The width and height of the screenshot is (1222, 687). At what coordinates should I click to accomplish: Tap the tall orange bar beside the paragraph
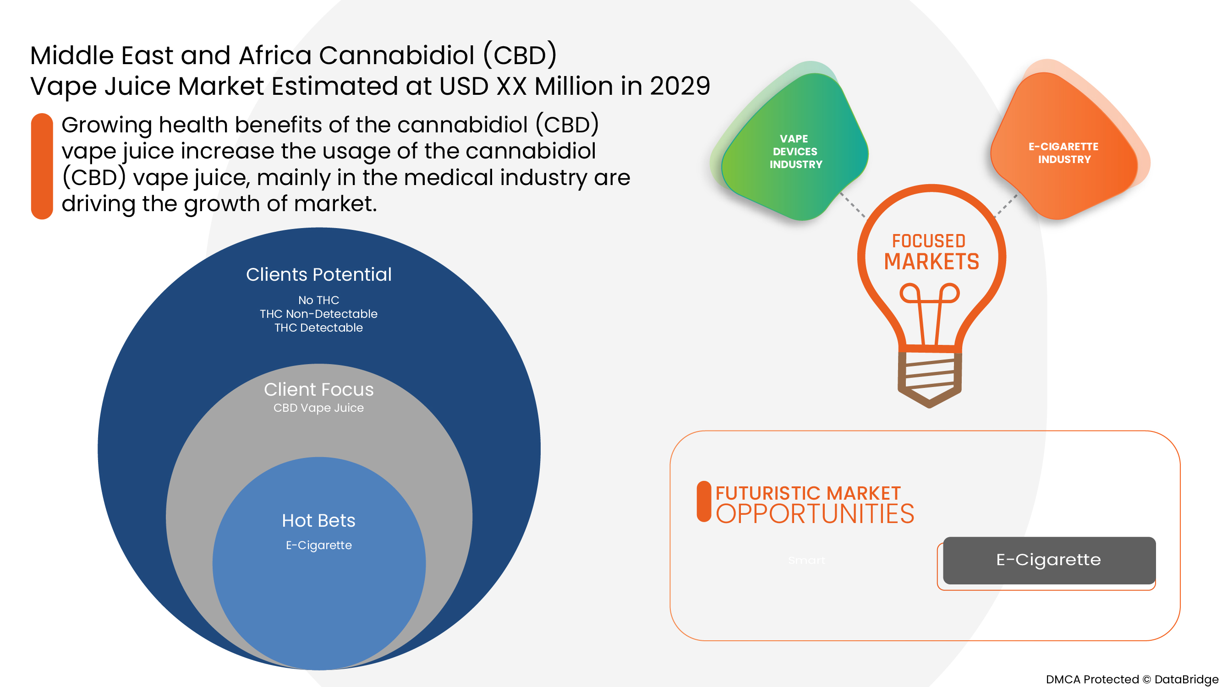pos(42,166)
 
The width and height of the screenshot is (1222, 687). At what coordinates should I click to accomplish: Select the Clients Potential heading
pos(319,274)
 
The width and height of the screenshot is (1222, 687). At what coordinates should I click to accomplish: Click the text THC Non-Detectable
pos(319,314)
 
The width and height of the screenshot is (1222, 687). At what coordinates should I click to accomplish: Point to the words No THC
pos(319,300)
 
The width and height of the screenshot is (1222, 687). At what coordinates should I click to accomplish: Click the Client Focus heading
pos(319,389)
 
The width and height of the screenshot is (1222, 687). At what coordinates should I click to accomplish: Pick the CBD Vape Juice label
pos(319,408)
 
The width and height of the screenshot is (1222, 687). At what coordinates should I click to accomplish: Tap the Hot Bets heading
pos(319,521)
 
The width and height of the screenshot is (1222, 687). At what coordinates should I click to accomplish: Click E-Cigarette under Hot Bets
pos(319,545)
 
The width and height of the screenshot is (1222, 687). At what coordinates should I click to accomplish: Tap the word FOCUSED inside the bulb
pos(929,241)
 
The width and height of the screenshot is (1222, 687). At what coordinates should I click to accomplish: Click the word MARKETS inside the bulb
pos(931,262)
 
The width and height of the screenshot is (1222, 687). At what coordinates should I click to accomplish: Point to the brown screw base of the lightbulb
pos(930,377)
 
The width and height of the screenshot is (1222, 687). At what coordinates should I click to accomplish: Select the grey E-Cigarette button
pos(1049,560)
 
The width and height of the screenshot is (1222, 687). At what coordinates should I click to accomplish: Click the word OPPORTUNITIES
pos(815,514)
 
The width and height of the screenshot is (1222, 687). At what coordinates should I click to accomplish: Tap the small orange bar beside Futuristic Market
pos(704,502)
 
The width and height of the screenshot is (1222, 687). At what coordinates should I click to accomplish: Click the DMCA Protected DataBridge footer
pos(1131,679)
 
